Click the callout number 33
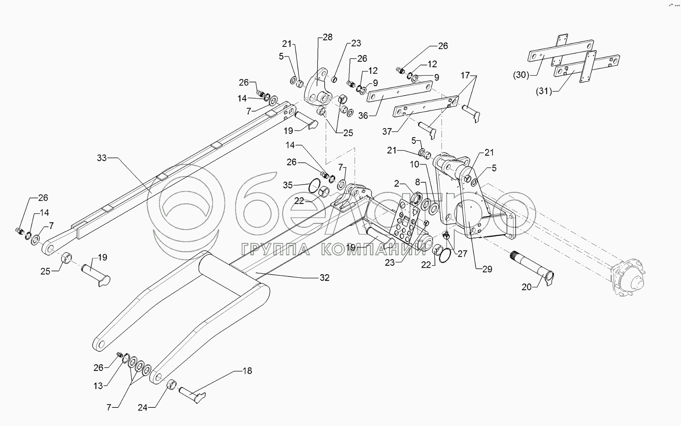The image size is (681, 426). pos(102,158)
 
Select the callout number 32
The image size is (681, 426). pos(324,278)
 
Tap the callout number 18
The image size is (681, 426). pos(247,371)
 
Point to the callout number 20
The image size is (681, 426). pos(527,287)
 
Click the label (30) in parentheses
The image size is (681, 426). pos(521,75)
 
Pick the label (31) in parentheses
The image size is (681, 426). pos(544,92)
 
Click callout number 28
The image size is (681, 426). pos(328,37)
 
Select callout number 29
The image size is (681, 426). pos(487,269)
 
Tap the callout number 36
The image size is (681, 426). pos(363,115)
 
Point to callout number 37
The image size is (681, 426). pos(387,131)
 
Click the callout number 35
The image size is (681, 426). pos(288,185)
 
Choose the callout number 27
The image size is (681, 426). pos(462,254)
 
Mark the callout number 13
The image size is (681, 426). pos(98,386)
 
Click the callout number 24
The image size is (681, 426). pos(143,407)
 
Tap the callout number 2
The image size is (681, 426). pos(397,184)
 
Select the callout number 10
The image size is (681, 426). pos(414,165)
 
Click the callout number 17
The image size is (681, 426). pos(465,76)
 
